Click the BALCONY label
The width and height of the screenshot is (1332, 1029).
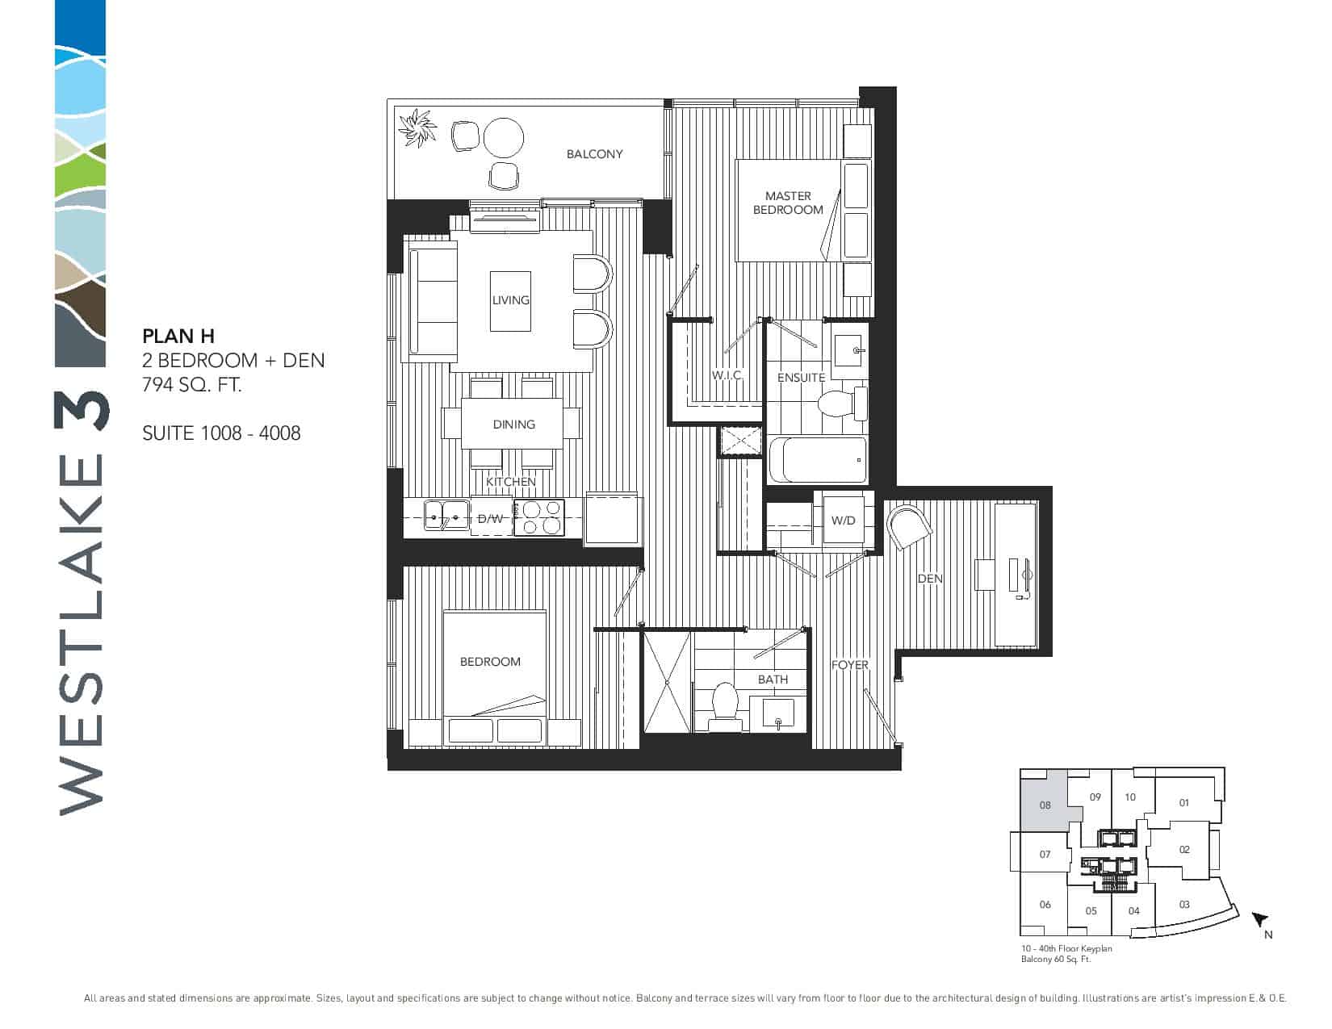click(594, 154)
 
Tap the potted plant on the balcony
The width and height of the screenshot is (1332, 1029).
click(417, 128)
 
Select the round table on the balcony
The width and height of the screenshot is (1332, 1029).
click(503, 138)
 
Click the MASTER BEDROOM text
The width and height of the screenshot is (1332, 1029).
click(788, 203)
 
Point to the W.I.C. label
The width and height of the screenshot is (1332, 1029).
click(727, 374)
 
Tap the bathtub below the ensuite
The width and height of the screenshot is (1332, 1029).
click(818, 460)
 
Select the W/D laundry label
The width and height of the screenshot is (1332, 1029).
click(843, 521)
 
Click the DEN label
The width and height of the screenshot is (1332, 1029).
click(930, 579)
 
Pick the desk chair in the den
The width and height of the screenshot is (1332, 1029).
click(909, 526)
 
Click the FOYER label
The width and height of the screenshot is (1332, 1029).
click(849, 665)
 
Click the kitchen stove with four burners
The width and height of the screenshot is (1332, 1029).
click(538, 518)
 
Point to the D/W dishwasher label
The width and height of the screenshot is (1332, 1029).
click(490, 519)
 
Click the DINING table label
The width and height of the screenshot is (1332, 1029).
click(513, 424)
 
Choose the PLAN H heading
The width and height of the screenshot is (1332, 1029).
click(178, 336)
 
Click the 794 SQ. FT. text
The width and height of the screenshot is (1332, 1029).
click(192, 385)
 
